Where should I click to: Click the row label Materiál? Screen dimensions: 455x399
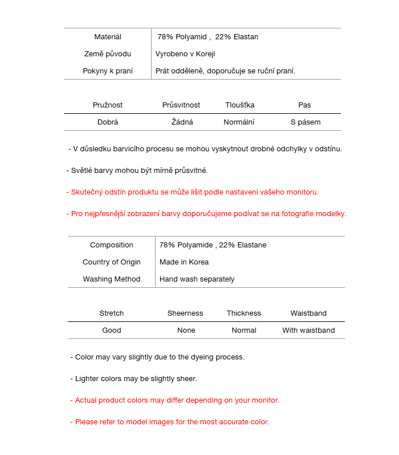pos(108,37)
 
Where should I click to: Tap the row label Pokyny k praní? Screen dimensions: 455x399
pos(108,71)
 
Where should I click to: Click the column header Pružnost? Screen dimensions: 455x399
pos(108,105)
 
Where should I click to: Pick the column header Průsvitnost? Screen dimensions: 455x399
pos(181,105)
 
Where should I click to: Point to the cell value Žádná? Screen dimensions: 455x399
pos(182,122)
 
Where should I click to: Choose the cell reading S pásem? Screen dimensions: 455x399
pos(306,122)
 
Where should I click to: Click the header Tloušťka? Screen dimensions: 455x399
pos(239,105)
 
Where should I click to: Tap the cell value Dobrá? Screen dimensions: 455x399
pos(108,122)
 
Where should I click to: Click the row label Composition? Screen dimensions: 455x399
pos(112,245)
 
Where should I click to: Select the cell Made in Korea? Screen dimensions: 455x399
pos(184,262)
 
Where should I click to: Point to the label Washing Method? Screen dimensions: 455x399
pos(112,279)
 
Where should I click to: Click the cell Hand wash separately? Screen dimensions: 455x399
pos(197,279)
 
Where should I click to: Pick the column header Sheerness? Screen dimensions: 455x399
pos(185,313)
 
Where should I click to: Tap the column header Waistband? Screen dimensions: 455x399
pos(308,313)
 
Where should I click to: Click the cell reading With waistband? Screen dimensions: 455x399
pos(308,330)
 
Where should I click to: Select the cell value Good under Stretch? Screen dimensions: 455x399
pos(112,330)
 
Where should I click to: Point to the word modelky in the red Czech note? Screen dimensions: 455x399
pos(331,214)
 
